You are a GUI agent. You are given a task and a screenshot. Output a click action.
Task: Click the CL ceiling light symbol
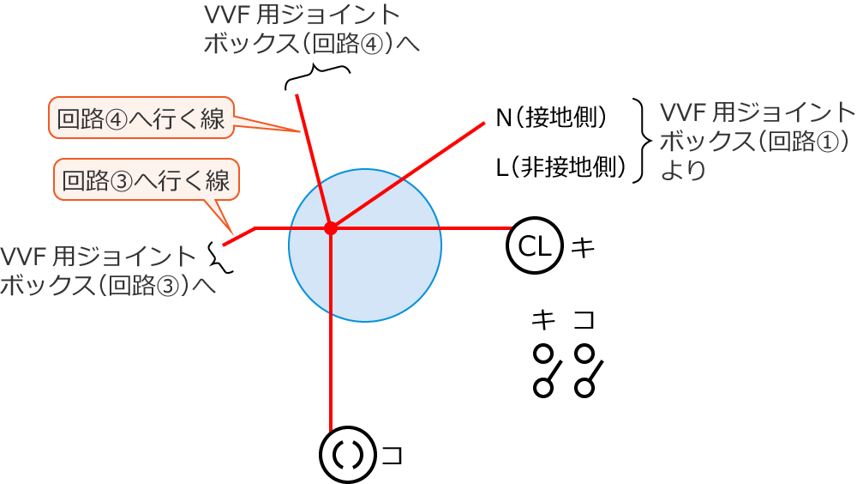535,245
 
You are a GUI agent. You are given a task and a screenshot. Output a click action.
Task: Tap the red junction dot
331,227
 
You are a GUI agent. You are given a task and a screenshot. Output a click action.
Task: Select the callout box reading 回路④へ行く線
141,118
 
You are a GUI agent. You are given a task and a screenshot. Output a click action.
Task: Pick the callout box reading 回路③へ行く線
147,179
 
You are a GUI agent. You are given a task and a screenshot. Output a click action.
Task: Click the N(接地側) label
551,118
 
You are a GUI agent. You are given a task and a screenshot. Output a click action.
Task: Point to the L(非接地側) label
560,167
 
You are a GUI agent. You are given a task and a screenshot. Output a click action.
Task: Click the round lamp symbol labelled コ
348,455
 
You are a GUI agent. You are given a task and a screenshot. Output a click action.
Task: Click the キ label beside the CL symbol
583,247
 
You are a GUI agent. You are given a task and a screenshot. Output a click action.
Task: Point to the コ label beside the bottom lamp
392,456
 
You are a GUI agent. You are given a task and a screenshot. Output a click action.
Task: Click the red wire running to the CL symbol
422,227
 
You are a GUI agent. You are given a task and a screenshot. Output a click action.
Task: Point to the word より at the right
683,170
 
